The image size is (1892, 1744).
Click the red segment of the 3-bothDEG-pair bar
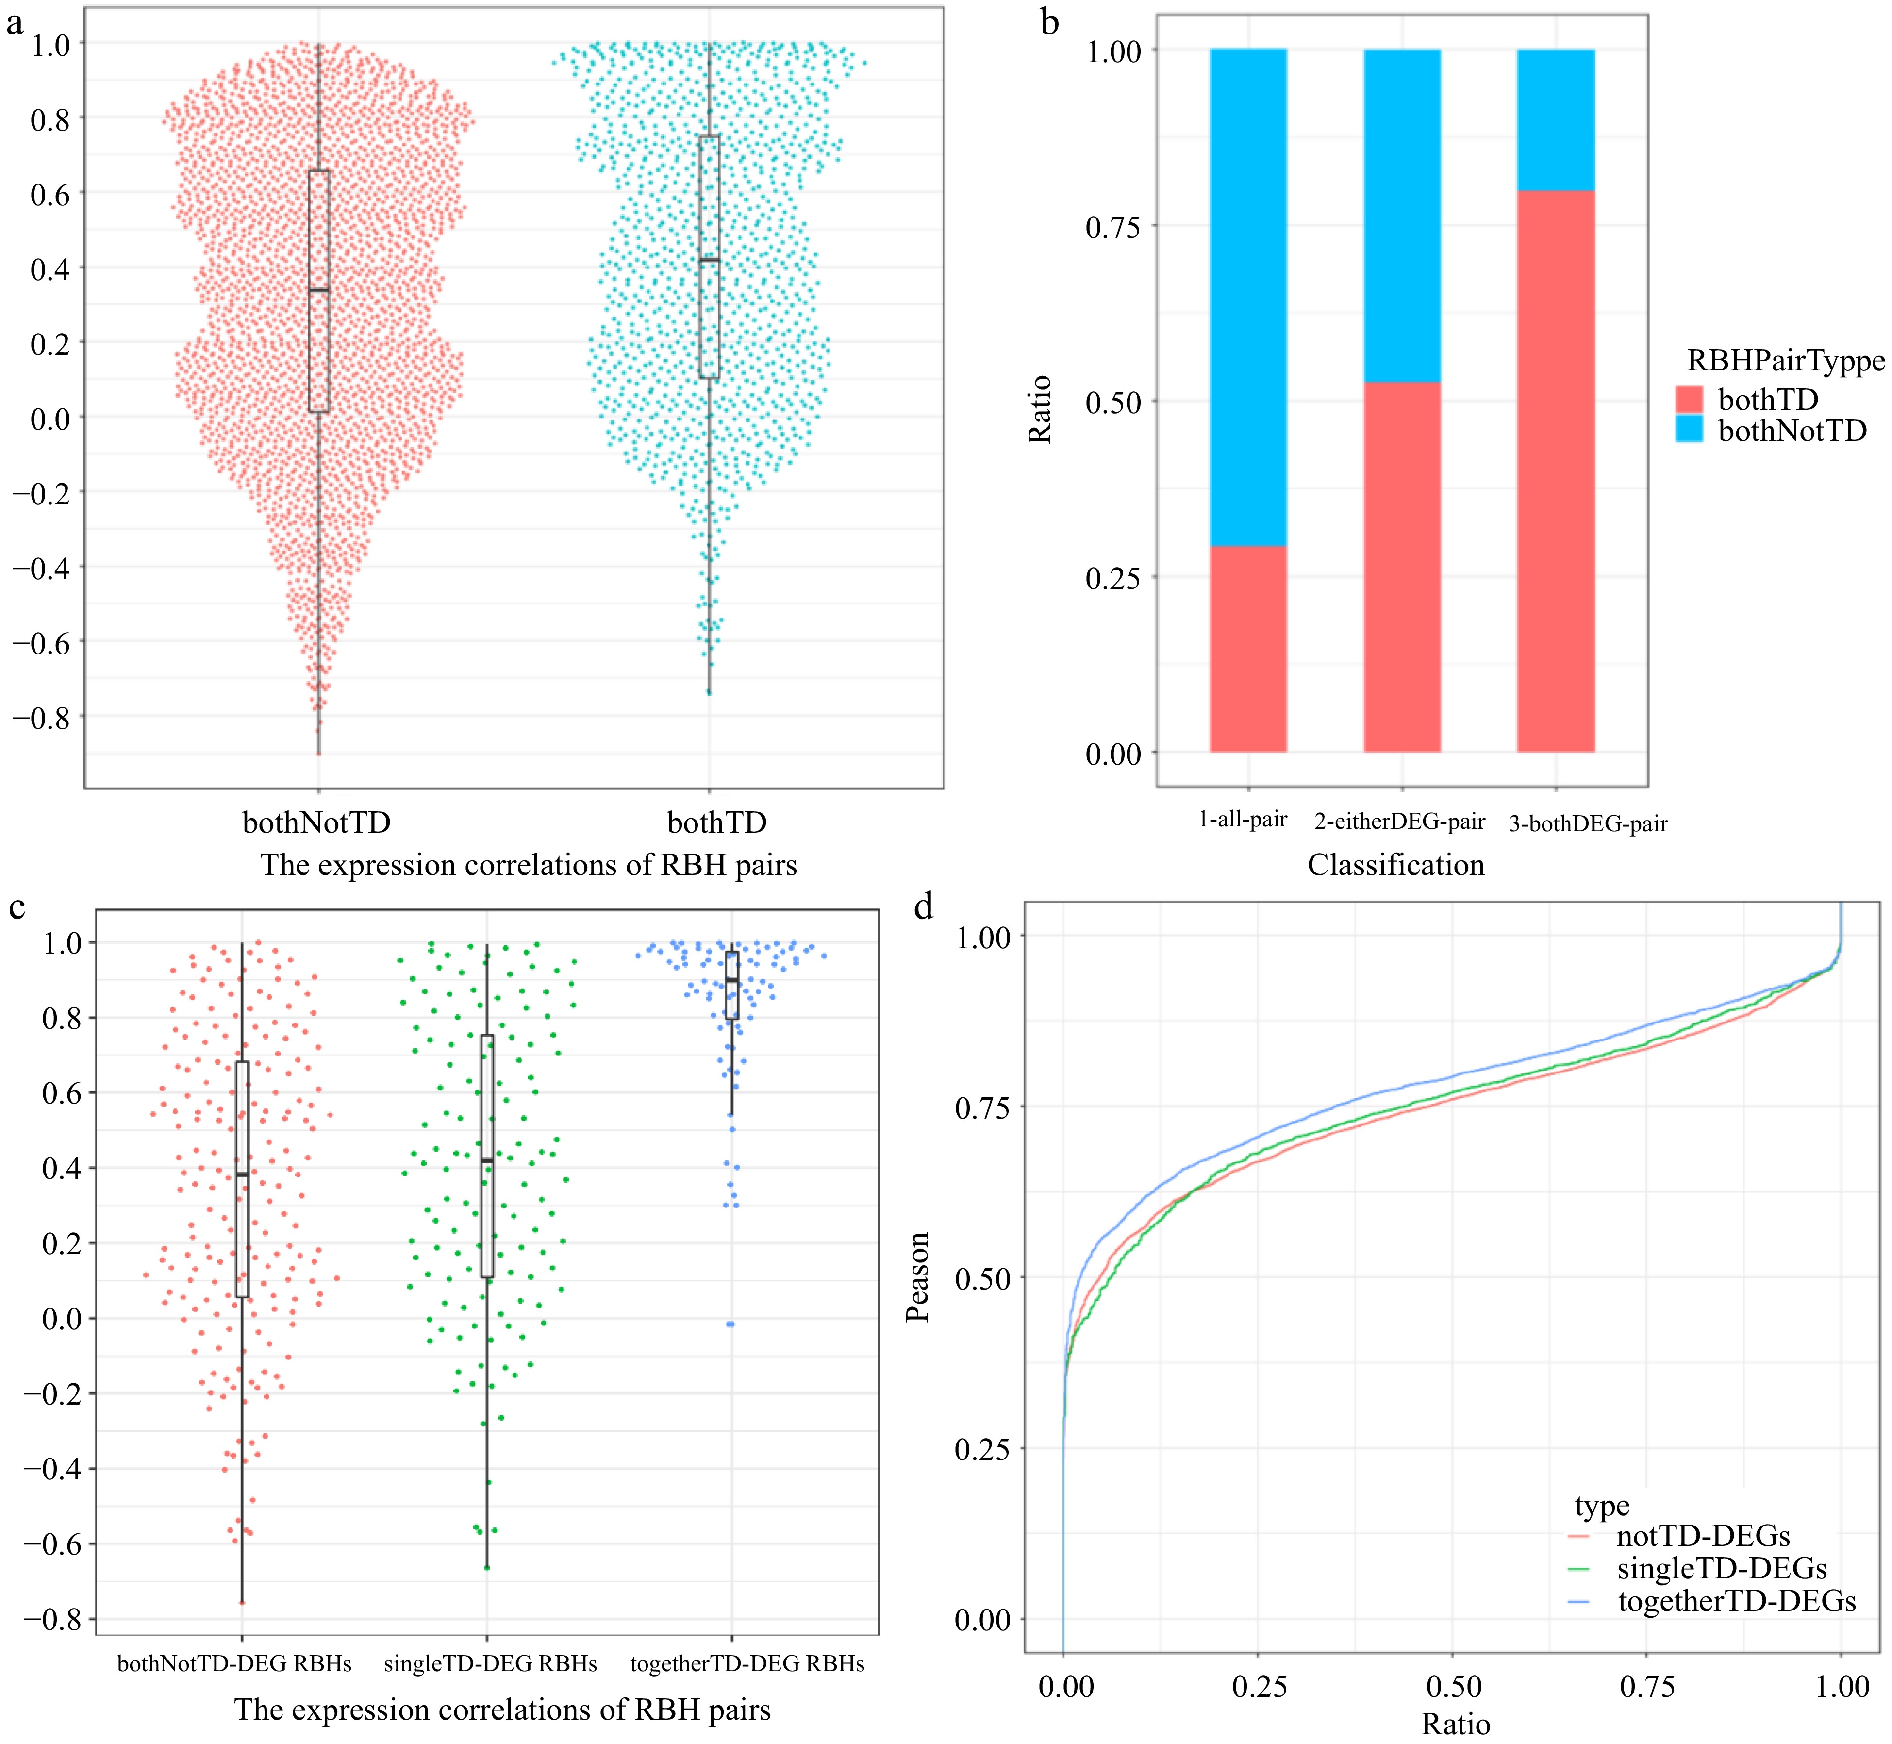coord(1555,472)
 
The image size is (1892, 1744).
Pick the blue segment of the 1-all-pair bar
coord(1247,297)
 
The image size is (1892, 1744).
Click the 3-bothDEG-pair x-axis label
coord(1588,824)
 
